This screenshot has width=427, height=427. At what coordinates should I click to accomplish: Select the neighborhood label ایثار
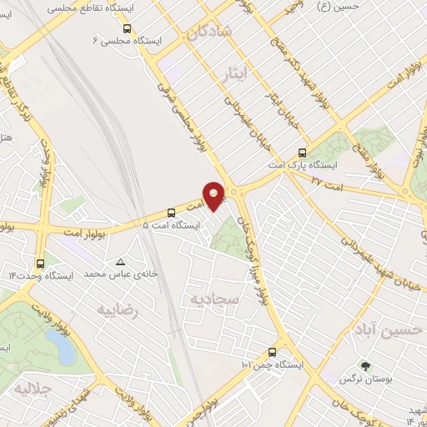[x=239, y=74]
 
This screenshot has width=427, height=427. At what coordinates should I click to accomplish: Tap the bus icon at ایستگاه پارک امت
[x=302, y=153]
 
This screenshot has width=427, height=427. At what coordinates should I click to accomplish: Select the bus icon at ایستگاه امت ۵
[x=171, y=212]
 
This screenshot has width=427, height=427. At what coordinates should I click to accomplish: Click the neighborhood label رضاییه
[x=116, y=310]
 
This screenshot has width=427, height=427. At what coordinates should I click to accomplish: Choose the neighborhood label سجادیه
[x=215, y=298]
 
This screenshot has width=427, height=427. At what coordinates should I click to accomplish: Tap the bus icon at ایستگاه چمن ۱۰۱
[x=272, y=352]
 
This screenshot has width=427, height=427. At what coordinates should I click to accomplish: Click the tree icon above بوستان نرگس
[x=364, y=365]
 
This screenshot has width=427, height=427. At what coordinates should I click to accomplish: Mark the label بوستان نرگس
[x=364, y=379]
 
